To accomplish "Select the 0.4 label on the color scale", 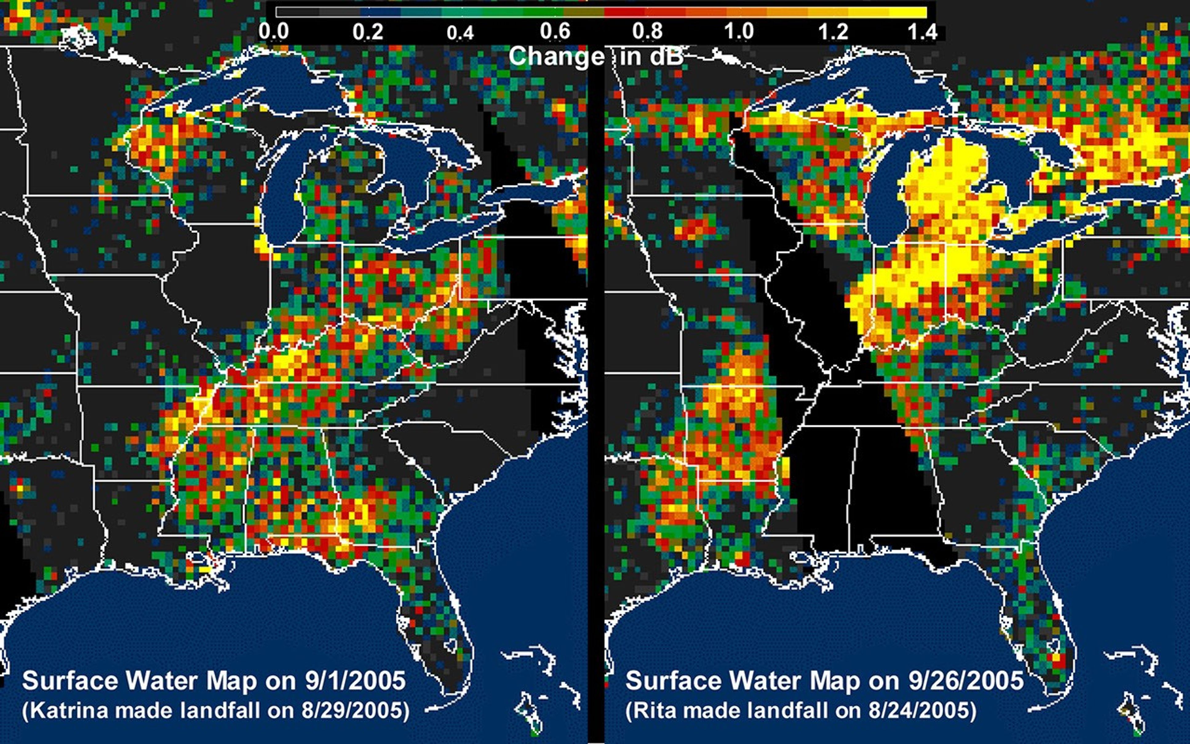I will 460,33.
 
